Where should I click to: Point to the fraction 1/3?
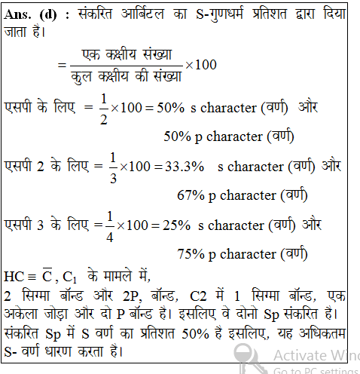[x=113, y=165]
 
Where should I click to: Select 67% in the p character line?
[x=191, y=195]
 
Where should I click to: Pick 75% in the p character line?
[x=191, y=253]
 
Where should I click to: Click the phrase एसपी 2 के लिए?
[x=45, y=166]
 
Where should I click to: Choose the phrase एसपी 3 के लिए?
[x=45, y=224]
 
